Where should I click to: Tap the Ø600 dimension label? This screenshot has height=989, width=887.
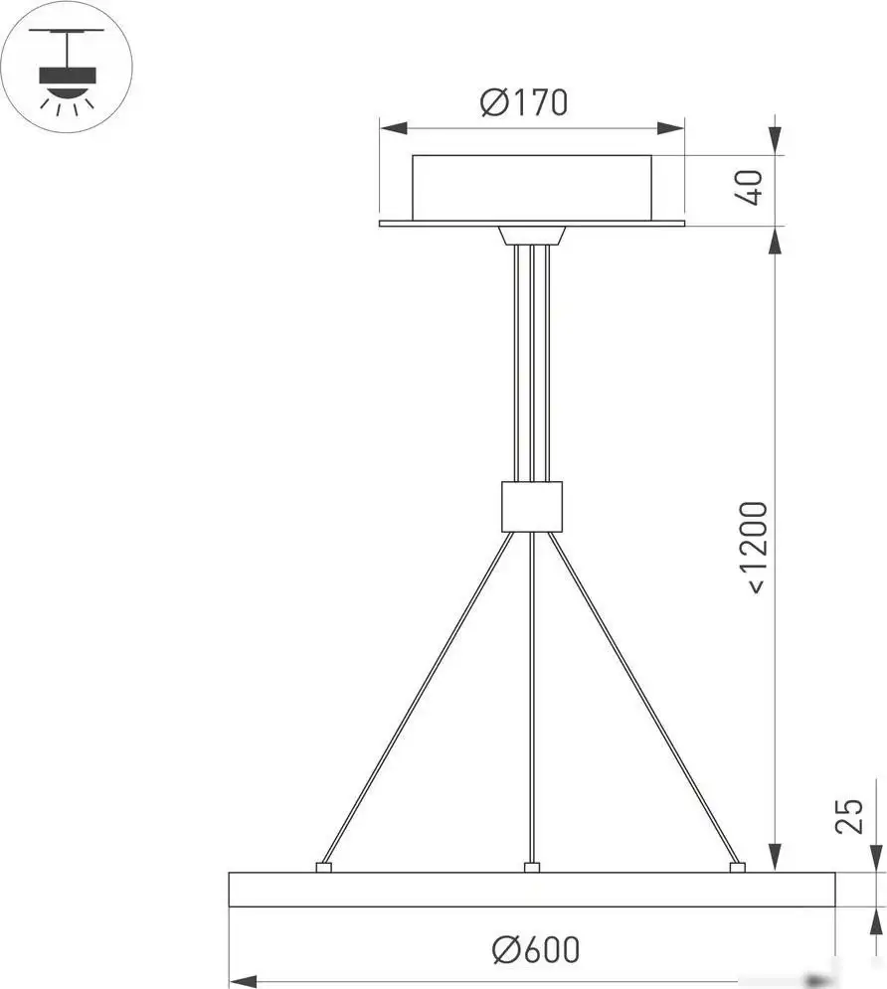pos(535,950)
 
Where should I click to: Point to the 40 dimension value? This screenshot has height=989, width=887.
pos(753,187)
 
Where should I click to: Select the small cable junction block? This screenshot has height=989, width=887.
pos(532,507)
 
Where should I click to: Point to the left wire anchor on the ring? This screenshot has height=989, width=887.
pos(323,868)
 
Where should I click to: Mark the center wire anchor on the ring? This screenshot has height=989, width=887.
pos(531,868)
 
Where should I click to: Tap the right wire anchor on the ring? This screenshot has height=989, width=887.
pos(737,868)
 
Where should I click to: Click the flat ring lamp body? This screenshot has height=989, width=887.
pos(531,890)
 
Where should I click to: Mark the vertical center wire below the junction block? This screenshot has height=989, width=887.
pos(531,696)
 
